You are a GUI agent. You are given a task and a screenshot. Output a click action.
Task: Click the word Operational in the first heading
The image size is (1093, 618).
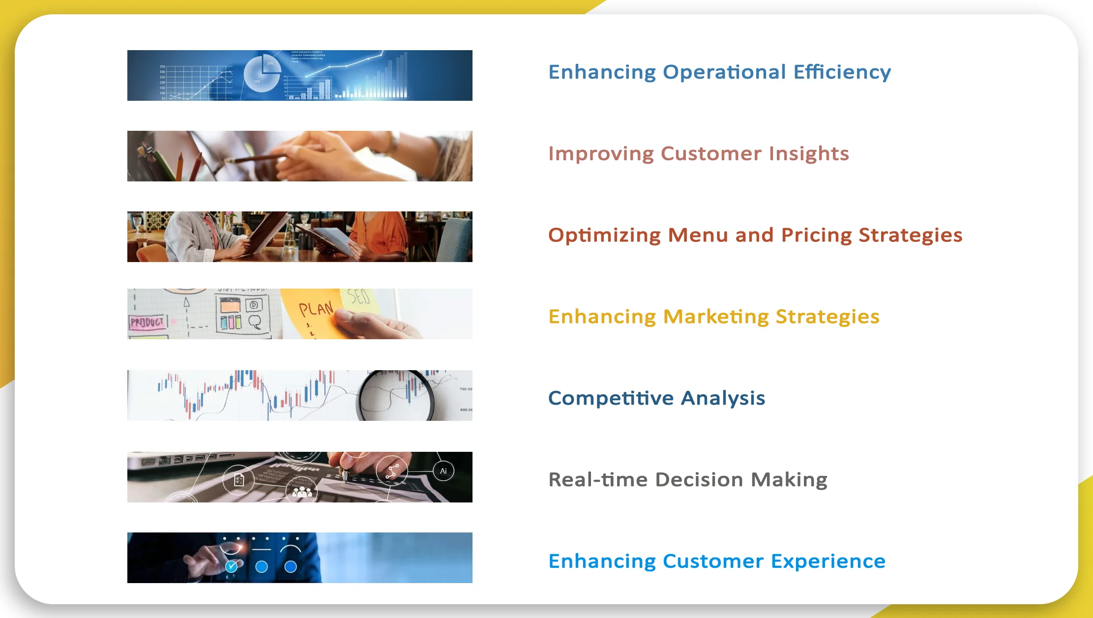pos(724,72)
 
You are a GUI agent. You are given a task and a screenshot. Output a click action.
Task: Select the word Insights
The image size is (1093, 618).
pos(809,154)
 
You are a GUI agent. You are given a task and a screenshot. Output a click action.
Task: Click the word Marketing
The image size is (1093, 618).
pos(716,317)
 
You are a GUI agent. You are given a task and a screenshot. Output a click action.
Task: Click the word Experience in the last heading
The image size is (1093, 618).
pos(828,561)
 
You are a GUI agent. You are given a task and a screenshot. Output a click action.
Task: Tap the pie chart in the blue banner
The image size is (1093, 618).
pos(262,74)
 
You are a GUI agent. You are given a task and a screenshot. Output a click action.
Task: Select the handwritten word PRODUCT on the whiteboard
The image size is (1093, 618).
pos(147,323)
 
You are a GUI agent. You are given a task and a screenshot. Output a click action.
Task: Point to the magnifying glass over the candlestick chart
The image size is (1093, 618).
pos(396,395)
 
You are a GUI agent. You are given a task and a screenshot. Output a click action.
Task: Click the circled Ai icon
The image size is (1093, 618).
pos(443,471)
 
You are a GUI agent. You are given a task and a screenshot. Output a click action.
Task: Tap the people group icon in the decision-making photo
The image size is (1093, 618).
pos(302,492)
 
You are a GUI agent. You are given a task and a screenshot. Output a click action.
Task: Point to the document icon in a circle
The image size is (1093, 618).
pos(239,479)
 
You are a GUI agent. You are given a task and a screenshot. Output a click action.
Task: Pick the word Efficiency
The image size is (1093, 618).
pos(842,72)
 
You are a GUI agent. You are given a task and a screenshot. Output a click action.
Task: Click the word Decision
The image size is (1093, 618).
pos(699,479)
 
